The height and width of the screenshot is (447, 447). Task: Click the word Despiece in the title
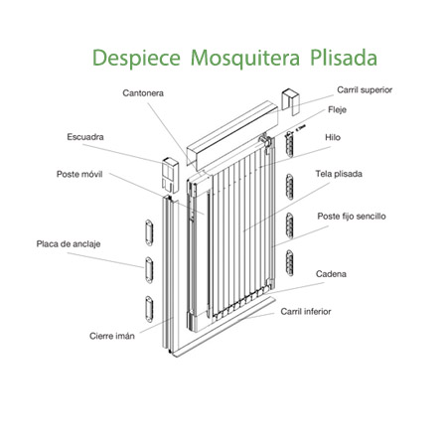pos(136,58)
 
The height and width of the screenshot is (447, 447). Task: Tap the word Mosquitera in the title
pos(245,59)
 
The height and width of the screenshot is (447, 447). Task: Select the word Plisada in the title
pos(344,58)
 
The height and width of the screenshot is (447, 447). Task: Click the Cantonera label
pos(143,93)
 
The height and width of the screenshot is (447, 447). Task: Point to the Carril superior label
pos(365,90)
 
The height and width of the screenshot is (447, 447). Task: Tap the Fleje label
pos(337,109)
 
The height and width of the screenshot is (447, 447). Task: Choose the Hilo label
pos(333,137)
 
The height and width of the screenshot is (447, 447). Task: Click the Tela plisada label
pos(339,174)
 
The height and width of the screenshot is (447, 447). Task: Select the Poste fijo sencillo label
pos(352,217)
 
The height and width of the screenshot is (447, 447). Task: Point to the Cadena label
pos(331,274)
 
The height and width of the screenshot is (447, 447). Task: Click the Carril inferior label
pos(306,312)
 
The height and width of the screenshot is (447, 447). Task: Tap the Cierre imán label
pos(112,336)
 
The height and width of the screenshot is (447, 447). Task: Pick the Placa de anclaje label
pos(69,244)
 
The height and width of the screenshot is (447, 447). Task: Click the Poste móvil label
pos(79,174)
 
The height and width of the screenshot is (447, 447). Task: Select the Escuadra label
pos(85,137)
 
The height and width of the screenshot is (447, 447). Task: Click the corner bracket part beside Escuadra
pos(171,175)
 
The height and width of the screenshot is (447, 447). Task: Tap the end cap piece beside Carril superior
pos(291,101)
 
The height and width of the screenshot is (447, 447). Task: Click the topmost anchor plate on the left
pos(149,232)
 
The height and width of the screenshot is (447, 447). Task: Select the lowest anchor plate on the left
pos(149,309)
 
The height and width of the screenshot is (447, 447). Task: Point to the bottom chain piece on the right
pos(290,263)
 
